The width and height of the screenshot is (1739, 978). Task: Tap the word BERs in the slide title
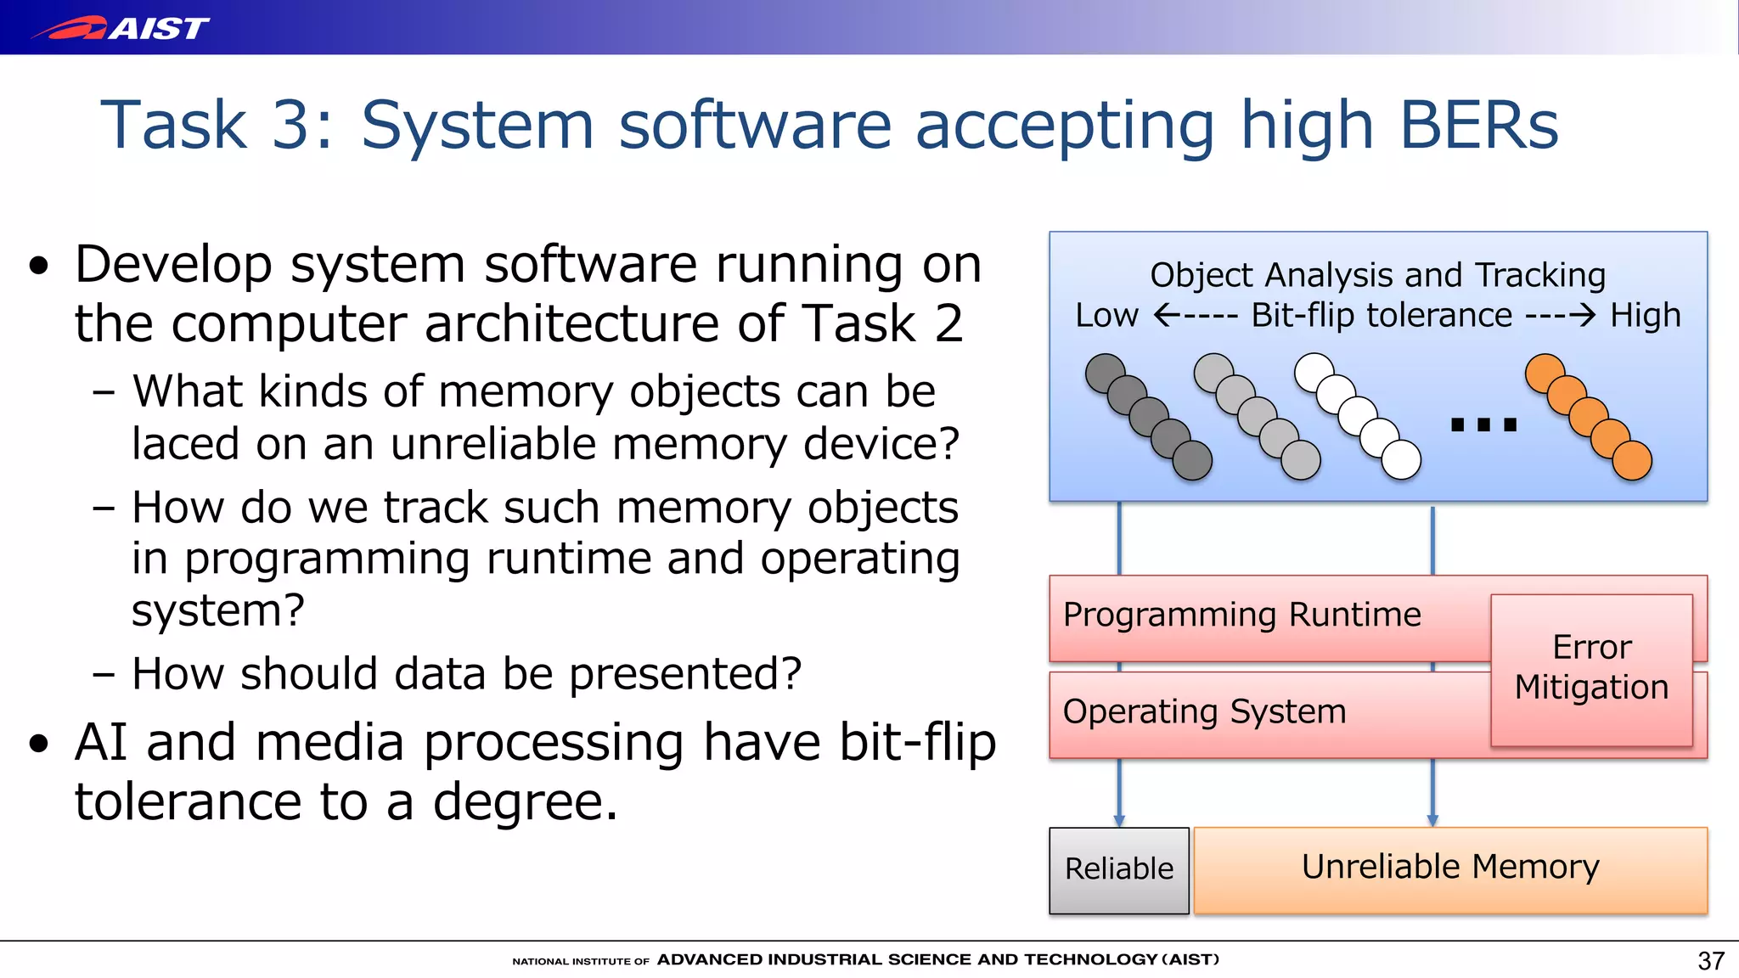click(x=1478, y=125)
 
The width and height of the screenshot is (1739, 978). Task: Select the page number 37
click(x=1710, y=960)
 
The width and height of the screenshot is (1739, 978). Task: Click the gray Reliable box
click(x=1118, y=869)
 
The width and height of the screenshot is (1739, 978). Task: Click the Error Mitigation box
click(x=1591, y=668)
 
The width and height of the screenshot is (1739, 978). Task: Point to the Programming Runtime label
click(x=1241, y=615)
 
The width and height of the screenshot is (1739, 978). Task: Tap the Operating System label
click(x=1204, y=711)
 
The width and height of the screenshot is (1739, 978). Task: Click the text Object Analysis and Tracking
click(x=1377, y=275)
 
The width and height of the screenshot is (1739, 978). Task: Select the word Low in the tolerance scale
click(x=1106, y=316)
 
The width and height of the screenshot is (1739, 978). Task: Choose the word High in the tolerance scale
click(x=1646, y=316)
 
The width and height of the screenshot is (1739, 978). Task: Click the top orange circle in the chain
click(x=1545, y=374)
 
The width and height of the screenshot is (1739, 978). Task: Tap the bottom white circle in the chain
click(x=1401, y=460)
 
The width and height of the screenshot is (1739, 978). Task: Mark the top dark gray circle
click(x=1105, y=374)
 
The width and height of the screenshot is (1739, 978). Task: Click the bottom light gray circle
click(x=1300, y=460)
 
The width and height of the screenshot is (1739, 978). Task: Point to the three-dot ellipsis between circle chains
click(x=1483, y=424)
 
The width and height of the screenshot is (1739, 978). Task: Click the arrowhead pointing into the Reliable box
click(x=1119, y=820)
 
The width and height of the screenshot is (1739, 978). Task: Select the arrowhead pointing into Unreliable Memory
click(x=1432, y=820)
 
